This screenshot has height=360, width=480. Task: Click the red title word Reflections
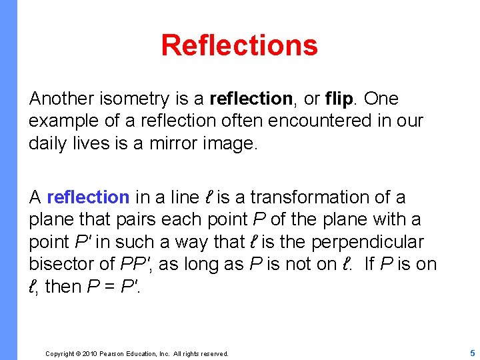(239, 45)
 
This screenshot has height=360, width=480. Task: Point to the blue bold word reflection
(88, 197)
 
